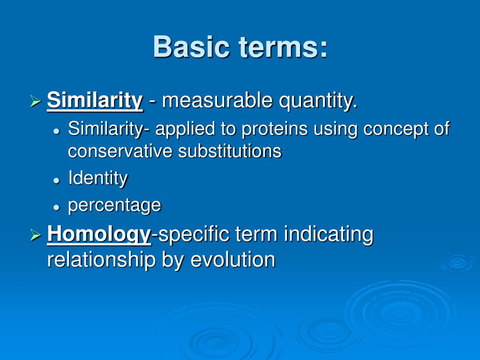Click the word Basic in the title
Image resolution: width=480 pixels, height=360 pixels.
coord(191,46)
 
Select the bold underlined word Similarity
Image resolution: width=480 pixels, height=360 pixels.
coord(95,101)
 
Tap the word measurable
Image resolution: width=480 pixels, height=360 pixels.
coord(217,100)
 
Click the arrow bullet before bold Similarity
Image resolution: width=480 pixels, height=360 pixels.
coord(36,101)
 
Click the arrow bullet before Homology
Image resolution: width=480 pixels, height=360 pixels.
coord(36,235)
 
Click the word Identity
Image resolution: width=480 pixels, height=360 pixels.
coord(98,178)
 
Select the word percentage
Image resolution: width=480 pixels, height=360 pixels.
coord(114,206)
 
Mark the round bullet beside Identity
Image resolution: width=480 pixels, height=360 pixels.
coord(56,180)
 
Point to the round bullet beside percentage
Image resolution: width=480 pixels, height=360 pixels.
coord(56,207)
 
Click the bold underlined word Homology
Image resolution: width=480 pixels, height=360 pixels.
coord(99,235)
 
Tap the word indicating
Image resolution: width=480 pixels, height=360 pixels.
coord(329,235)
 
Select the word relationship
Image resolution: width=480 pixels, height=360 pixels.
coord(101,260)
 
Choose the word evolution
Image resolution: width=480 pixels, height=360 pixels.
coord(233,260)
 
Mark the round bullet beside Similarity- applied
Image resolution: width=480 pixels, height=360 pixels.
coord(56,131)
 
